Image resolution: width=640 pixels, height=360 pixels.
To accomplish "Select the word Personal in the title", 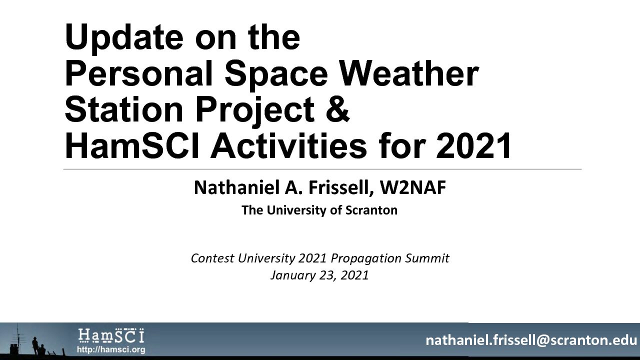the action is click(x=139, y=75).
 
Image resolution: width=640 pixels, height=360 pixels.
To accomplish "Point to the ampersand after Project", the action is click(x=337, y=109).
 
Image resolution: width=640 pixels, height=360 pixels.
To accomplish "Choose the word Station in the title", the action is click(x=124, y=109).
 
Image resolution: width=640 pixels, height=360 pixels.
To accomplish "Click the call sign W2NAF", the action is click(x=413, y=187).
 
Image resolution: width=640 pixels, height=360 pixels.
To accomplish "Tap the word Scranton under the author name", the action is click(x=371, y=210).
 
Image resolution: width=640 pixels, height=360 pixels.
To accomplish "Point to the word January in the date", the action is click(x=292, y=275).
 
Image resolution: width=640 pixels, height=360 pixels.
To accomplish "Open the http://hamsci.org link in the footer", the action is click(x=111, y=349).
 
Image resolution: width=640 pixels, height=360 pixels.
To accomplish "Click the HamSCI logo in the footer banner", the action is click(x=111, y=335).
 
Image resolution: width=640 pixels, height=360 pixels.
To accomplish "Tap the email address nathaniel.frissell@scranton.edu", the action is click(x=531, y=340).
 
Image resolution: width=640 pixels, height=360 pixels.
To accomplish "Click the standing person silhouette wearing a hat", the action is click(x=35, y=345).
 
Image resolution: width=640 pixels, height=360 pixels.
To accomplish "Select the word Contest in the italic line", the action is click(x=212, y=258).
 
